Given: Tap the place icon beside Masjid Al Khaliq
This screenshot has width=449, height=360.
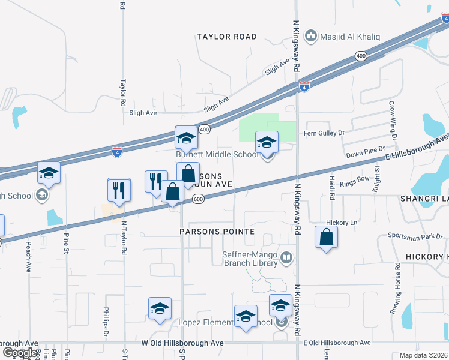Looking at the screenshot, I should point(311,37).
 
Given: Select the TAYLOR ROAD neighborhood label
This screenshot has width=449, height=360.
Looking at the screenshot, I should point(227,37).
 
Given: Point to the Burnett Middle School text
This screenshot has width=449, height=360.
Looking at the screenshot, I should point(217,154).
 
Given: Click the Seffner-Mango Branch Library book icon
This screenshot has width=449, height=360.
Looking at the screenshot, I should point(286,259).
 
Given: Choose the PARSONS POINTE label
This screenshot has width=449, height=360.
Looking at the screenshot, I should point(217,231).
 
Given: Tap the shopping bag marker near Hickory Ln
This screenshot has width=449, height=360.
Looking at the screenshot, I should point(326,237).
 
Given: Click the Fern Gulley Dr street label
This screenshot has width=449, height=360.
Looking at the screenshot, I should point(325,133).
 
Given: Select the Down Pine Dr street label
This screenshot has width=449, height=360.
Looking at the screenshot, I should point(364,154).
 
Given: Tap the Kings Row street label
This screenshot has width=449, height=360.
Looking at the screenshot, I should point(355,179).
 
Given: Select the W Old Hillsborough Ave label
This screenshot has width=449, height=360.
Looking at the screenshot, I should point(182,343).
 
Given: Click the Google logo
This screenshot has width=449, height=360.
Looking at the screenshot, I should point(20,353).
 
